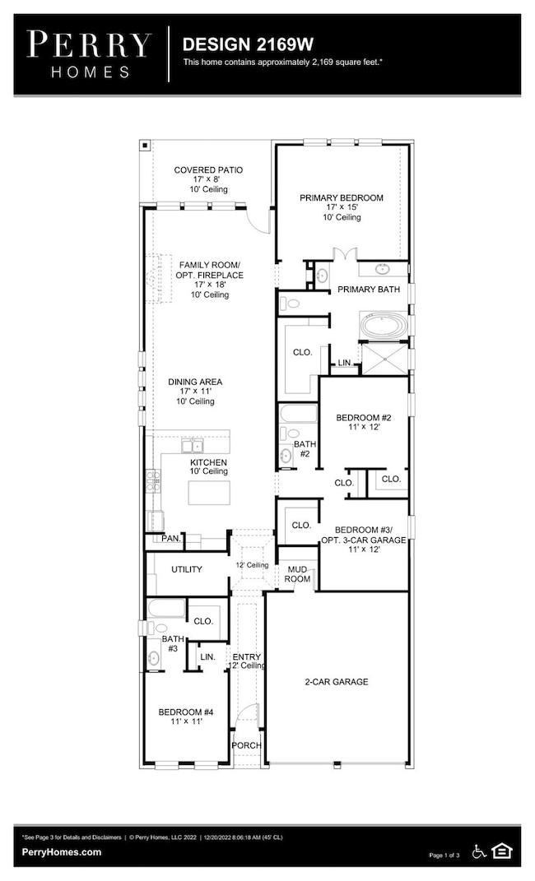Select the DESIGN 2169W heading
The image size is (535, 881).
[x=233, y=43]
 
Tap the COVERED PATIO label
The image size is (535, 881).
[x=208, y=170]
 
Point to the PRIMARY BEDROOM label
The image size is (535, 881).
[x=341, y=198]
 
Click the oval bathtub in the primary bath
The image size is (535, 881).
[x=382, y=326]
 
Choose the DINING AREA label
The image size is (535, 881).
[x=195, y=382]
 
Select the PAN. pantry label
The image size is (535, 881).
[x=171, y=539]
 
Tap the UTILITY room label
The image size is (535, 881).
[x=187, y=569]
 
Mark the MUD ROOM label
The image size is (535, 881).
[x=298, y=574]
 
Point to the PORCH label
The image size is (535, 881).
[x=246, y=745]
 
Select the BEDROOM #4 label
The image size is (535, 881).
[x=186, y=712]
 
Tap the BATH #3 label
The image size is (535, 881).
[x=171, y=643]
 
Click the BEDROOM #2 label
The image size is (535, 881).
[x=363, y=418]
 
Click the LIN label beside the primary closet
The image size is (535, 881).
[x=345, y=362]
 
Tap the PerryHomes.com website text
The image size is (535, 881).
[x=63, y=853]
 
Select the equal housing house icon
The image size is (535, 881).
[x=502, y=850]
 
